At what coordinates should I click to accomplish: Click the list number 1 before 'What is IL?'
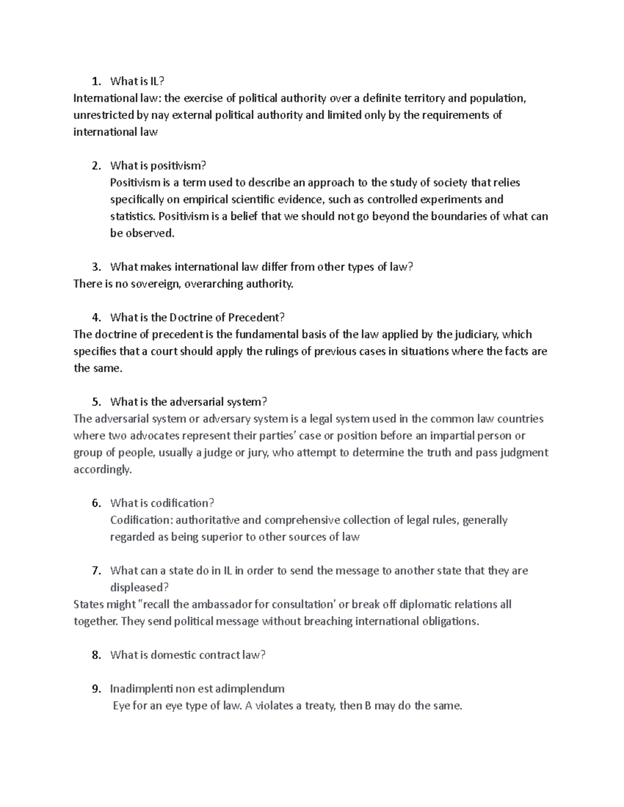(x=94, y=81)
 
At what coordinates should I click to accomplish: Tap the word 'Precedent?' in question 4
(x=258, y=317)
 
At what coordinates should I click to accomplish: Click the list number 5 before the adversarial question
(x=94, y=402)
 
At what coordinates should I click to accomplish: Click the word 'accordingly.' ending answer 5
(x=103, y=469)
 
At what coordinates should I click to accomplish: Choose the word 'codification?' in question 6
(x=182, y=503)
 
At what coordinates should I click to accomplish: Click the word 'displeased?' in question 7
(x=139, y=587)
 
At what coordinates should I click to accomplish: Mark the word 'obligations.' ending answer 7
(x=449, y=621)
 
